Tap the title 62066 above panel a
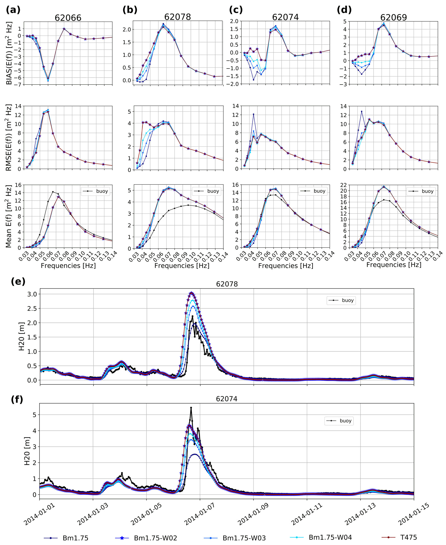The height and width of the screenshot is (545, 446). click(68, 18)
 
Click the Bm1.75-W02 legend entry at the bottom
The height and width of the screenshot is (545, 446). click(146, 538)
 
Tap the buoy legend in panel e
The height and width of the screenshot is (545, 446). click(341, 300)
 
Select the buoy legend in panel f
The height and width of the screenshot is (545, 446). click(339, 421)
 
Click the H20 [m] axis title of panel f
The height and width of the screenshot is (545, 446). click(27, 451)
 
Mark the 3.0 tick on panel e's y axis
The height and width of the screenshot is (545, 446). click(32, 294)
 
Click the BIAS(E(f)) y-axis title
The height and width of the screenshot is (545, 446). click(9, 53)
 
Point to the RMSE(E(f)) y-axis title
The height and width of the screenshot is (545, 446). click(9, 137)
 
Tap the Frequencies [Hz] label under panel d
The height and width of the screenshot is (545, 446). click(394, 265)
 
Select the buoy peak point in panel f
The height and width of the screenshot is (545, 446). click(191, 408)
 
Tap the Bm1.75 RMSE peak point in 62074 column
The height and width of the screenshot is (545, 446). click(253, 114)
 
